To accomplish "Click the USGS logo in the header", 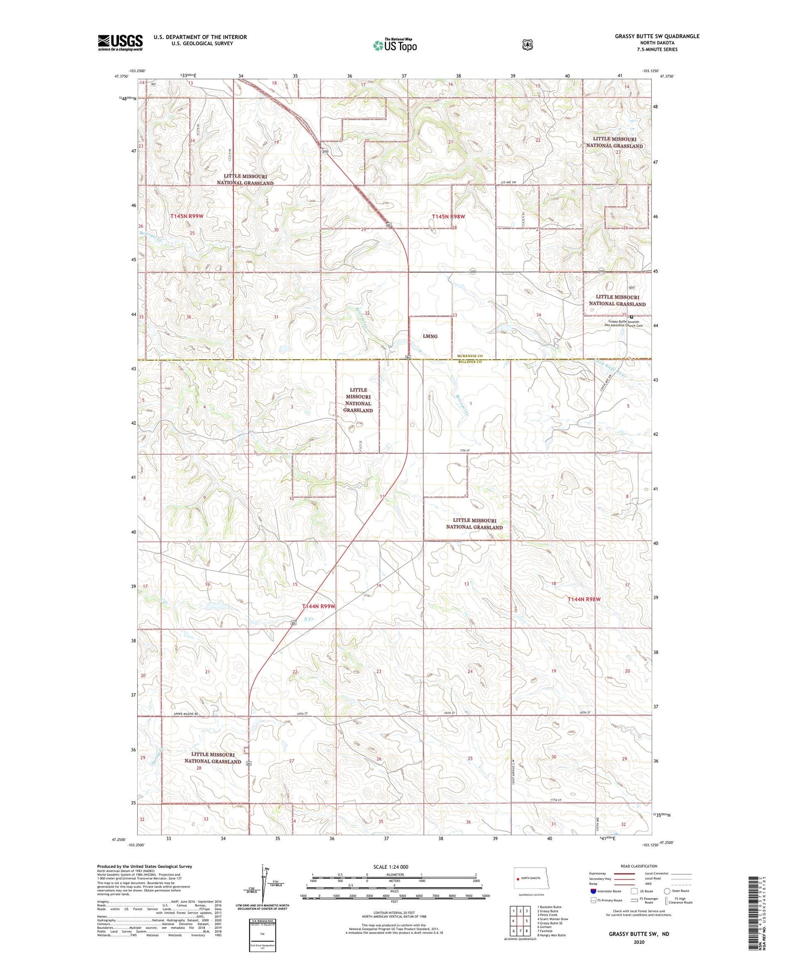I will click(120, 42).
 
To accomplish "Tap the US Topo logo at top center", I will click(394, 45).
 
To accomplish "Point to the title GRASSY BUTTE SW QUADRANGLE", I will click(657, 36).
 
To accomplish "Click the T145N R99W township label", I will click(187, 217).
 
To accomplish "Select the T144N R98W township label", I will click(584, 599).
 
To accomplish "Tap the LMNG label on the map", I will click(430, 336).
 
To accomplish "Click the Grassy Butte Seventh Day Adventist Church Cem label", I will click(625, 323).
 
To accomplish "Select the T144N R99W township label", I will click(318, 606).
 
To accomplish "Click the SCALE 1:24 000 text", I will click(391, 867).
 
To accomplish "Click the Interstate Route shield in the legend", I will click(593, 891).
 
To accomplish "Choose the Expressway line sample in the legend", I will click(624, 873).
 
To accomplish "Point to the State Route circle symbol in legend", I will click(667, 891).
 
